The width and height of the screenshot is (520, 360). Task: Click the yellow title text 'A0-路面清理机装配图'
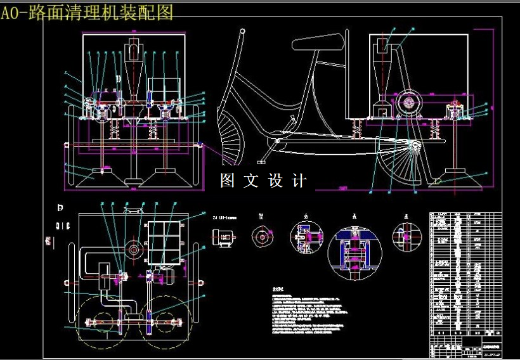coord(87,13)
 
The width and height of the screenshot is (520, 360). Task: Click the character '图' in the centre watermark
coord(228,181)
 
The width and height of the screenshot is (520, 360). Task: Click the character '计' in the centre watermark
coord(300,181)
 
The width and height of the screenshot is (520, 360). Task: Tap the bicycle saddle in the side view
coord(317,44)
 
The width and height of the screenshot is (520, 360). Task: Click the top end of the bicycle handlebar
coord(242,30)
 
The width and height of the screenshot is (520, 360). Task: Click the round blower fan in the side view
coord(408,101)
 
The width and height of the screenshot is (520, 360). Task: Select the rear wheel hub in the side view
coord(416,148)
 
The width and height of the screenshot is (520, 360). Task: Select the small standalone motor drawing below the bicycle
coord(224,237)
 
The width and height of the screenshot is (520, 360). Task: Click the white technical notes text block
coord(311,313)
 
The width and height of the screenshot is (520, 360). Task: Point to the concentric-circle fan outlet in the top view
coord(134,250)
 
